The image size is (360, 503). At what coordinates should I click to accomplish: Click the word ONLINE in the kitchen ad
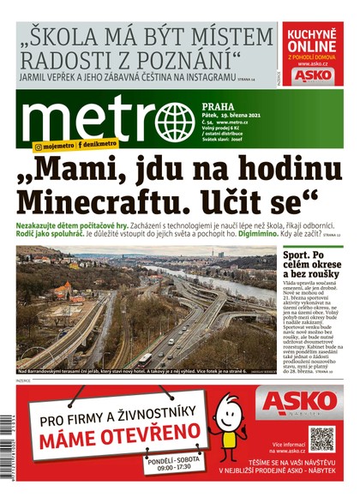tap(310, 46)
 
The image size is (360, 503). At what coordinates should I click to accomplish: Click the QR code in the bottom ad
tap(321, 438)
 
